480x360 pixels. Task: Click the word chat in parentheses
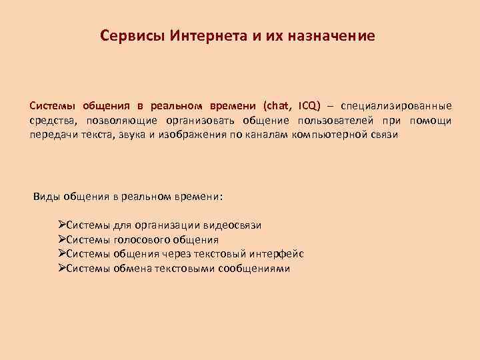(x=278, y=106)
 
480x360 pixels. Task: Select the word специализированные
(x=396, y=106)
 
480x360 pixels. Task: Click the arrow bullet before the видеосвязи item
(x=62, y=225)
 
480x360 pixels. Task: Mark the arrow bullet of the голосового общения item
(x=62, y=240)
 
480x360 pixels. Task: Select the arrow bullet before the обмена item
(x=62, y=269)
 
